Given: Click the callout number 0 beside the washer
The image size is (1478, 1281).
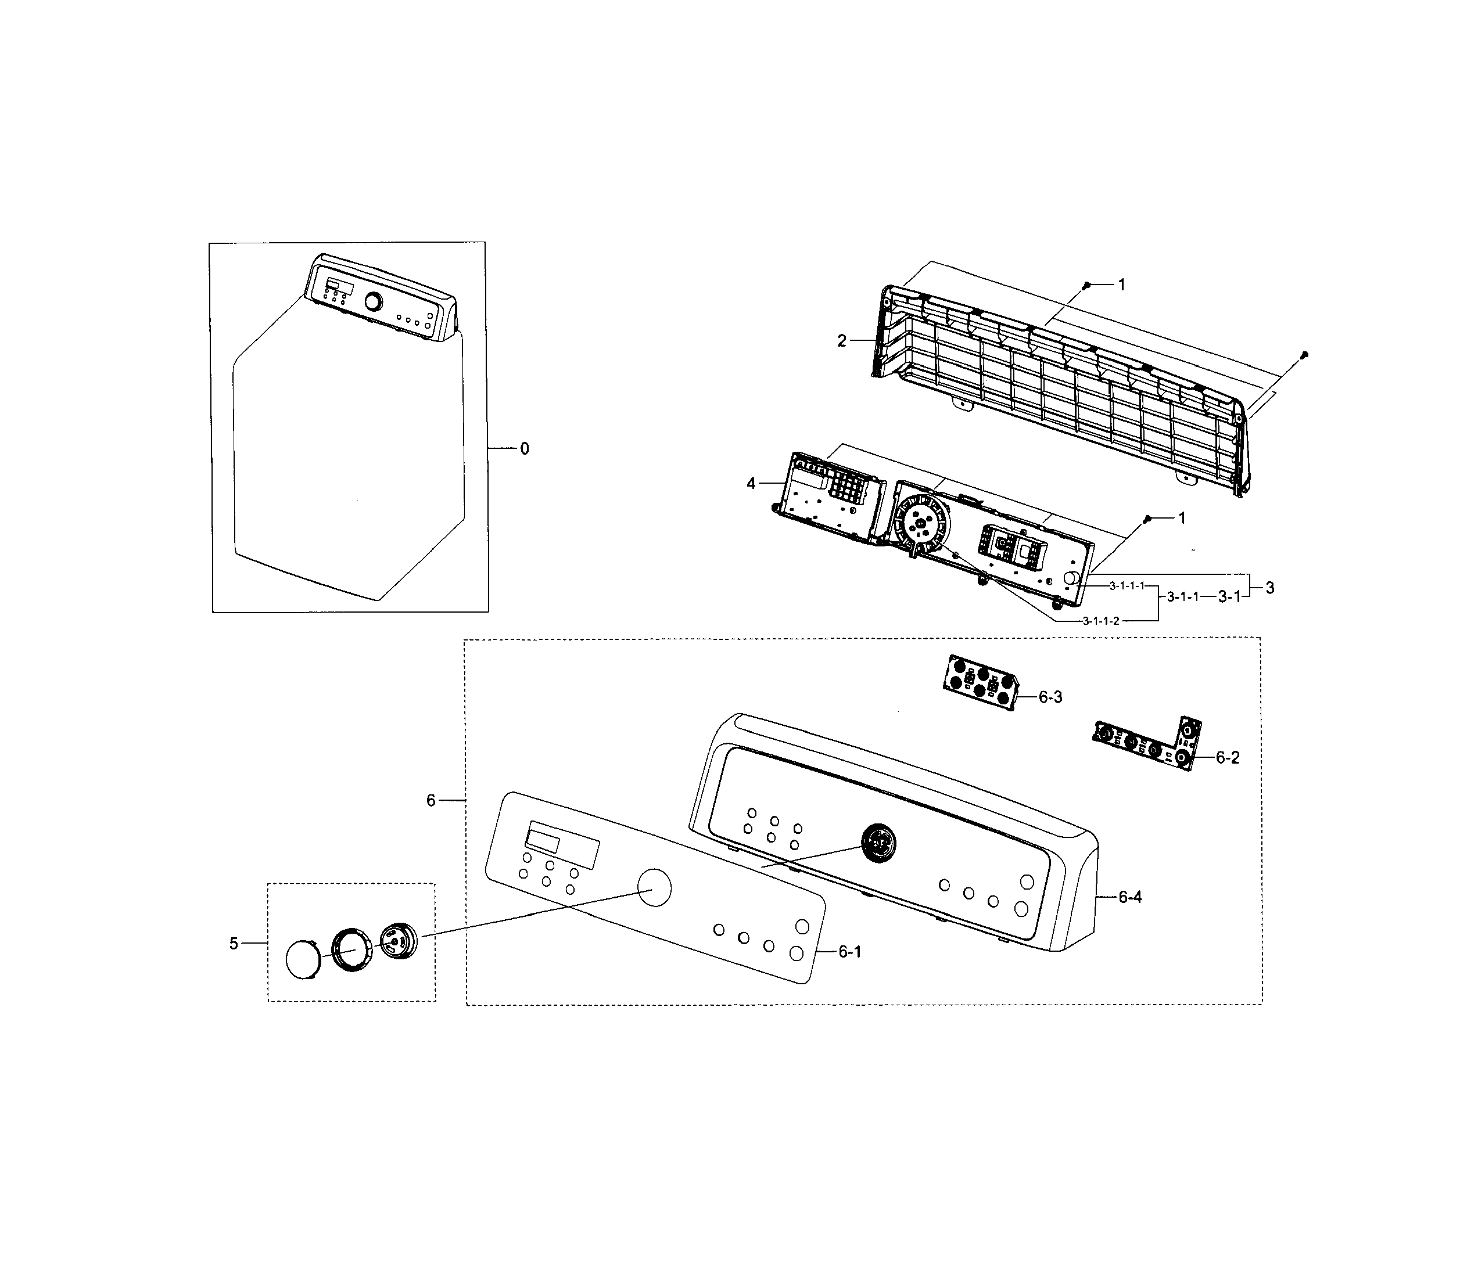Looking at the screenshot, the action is [524, 449].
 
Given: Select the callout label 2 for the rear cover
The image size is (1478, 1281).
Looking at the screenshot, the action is [842, 341].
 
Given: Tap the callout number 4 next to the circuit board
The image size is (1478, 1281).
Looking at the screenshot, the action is [751, 484].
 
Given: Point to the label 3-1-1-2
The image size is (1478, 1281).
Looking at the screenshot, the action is [1100, 621].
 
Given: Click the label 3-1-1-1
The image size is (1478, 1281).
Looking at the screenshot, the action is [1128, 585].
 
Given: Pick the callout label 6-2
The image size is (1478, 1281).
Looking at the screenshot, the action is [1228, 758].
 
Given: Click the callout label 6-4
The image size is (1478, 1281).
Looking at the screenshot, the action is [1130, 897].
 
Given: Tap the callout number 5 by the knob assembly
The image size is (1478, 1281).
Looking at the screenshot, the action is [233, 944].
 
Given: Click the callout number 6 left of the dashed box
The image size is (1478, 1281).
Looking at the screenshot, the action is [431, 801].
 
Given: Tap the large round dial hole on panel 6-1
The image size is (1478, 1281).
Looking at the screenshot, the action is [654, 888].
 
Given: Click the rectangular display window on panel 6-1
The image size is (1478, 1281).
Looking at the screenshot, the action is [562, 845].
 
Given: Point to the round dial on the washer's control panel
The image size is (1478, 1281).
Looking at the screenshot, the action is [372, 301].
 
